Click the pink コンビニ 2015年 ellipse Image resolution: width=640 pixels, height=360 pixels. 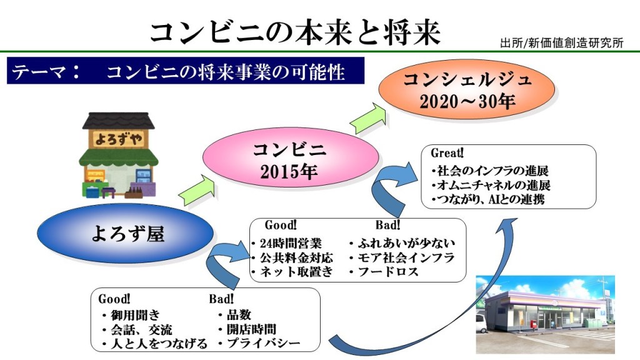[290, 157]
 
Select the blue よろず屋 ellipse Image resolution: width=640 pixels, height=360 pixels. [125, 234]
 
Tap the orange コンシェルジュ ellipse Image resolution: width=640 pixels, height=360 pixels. [466, 89]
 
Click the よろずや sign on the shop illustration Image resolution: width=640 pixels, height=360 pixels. [118, 139]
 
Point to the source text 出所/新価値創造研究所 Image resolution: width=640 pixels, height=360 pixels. [562, 42]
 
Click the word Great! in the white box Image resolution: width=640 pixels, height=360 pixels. [447, 153]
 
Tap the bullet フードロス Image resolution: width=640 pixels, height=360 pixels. [384, 271]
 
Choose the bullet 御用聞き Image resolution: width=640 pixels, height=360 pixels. [131, 315]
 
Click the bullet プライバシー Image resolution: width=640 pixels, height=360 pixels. [259, 343]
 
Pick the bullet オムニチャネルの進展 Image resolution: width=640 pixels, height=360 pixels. [491, 185]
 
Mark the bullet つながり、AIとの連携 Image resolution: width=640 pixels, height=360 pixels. [488, 199]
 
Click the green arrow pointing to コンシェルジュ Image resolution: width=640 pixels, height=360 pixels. [368, 119]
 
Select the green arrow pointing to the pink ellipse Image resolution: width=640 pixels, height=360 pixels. [197, 191]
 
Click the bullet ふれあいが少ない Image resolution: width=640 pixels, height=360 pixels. [402, 243]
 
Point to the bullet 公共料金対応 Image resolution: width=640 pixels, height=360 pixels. [292, 257]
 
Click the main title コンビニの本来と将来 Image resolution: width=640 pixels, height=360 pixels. [295, 32]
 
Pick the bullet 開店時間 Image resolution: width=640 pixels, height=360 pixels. [247, 329]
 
